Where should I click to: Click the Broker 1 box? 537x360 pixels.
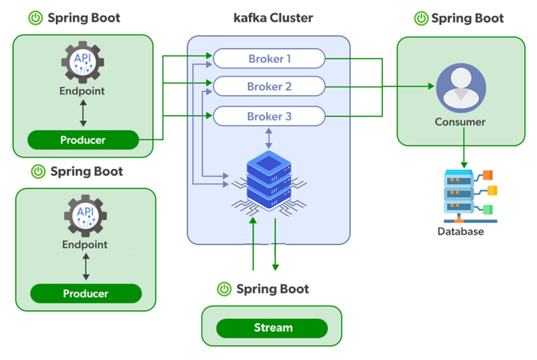pyautogui.click(x=268, y=59)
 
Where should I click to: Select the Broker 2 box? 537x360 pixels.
pyautogui.click(x=268, y=86)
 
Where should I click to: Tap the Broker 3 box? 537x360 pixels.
pyautogui.click(x=268, y=116)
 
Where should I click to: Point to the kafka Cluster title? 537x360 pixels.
pyautogui.click(x=273, y=18)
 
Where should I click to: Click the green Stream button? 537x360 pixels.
pyautogui.click(x=272, y=328)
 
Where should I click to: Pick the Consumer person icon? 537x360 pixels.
pyautogui.click(x=461, y=87)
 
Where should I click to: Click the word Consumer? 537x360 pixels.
pyautogui.click(x=460, y=122)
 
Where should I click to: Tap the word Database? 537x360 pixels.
pyautogui.click(x=460, y=231)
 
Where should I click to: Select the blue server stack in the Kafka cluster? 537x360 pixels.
pyautogui.click(x=269, y=179)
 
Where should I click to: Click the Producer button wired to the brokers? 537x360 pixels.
pyautogui.click(x=83, y=140)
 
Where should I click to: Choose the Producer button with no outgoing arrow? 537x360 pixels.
pyautogui.click(x=85, y=294)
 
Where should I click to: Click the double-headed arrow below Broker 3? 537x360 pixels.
pyautogui.click(x=269, y=138)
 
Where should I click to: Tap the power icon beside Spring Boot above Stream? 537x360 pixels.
pyautogui.click(x=225, y=289)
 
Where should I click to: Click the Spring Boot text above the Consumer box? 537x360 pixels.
pyautogui.click(x=467, y=18)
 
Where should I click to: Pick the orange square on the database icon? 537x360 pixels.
pyautogui.click(x=488, y=175)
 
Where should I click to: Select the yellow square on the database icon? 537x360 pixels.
pyautogui.click(x=492, y=190)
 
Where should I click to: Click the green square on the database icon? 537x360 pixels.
pyautogui.click(x=488, y=209)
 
